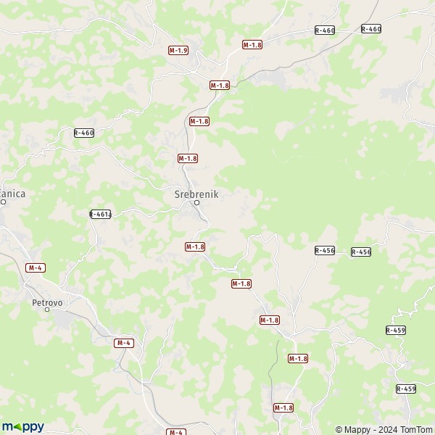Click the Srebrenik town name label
pyautogui.click(x=196, y=194)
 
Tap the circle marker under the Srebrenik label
pyautogui.click(x=196, y=203)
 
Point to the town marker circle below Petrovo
pyautogui.click(x=48, y=309)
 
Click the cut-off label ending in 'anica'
pyautogui.click(x=12, y=194)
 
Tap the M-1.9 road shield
pyautogui.click(x=178, y=50)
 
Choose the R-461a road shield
pyautogui.click(x=100, y=214)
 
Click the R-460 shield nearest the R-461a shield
pyautogui.click(x=84, y=133)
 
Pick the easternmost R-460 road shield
pyautogui.click(x=370, y=29)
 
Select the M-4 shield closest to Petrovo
pyautogui.click(x=36, y=268)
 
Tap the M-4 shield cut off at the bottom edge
pyautogui.click(x=176, y=431)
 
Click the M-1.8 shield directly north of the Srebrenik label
pyautogui.click(x=188, y=157)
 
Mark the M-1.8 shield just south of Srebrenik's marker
pyautogui.click(x=195, y=246)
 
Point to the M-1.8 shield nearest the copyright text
pyautogui.click(x=283, y=407)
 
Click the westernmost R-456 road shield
pyautogui.click(x=325, y=250)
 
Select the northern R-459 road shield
pyautogui.click(x=396, y=330)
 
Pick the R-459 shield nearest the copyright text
pyautogui.click(x=406, y=389)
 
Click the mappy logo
pyautogui.click(x=22, y=426)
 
